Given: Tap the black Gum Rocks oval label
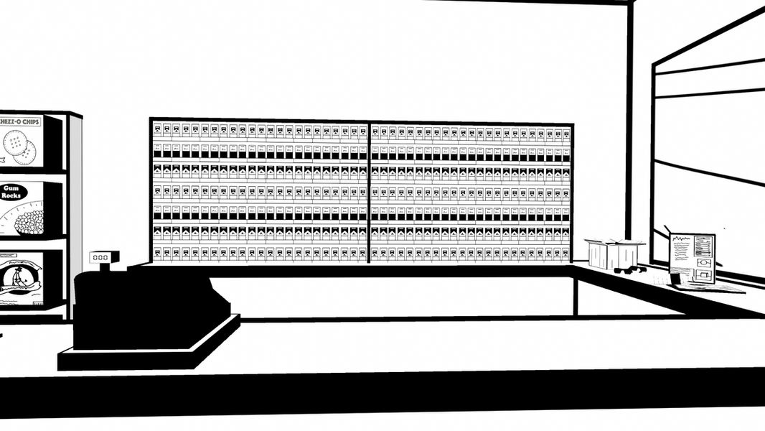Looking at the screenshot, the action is click(x=10, y=193).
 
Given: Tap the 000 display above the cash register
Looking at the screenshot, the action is click(x=100, y=257).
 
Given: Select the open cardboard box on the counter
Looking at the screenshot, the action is click(x=614, y=254).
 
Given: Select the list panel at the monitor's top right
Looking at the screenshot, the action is click(x=704, y=245).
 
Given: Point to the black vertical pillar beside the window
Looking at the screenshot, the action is click(x=630, y=129).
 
